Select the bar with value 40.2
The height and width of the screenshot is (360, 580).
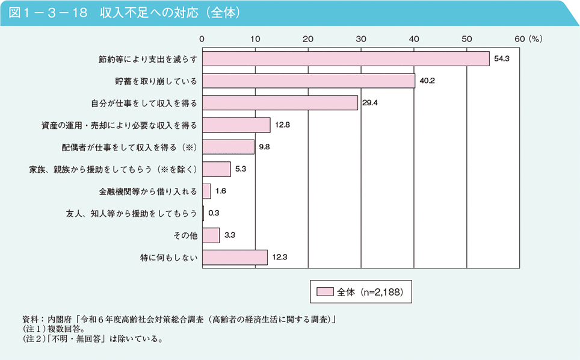click(308, 81)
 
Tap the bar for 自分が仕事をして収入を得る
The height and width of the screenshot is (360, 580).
click(280, 103)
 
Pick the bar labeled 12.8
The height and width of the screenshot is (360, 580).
click(236, 125)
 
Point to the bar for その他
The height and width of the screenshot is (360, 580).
click(211, 235)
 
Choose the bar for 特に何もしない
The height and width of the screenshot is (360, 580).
click(235, 258)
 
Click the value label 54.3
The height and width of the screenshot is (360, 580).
click(502, 59)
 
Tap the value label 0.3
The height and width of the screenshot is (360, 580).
click(214, 214)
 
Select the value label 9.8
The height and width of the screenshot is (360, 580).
click(265, 147)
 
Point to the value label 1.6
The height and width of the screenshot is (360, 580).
click(220, 191)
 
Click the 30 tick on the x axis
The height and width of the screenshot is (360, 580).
click(361, 39)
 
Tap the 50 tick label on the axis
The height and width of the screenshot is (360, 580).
click(467, 39)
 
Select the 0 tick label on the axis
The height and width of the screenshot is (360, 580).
click(202, 39)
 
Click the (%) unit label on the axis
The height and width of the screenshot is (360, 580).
click(536, 39)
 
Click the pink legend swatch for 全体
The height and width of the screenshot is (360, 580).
click(324, 293)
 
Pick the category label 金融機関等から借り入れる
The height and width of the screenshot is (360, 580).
click(148, 191)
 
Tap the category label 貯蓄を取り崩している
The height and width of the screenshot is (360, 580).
click(156, 81)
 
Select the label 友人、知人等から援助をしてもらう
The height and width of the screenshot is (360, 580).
click(131, 214)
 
